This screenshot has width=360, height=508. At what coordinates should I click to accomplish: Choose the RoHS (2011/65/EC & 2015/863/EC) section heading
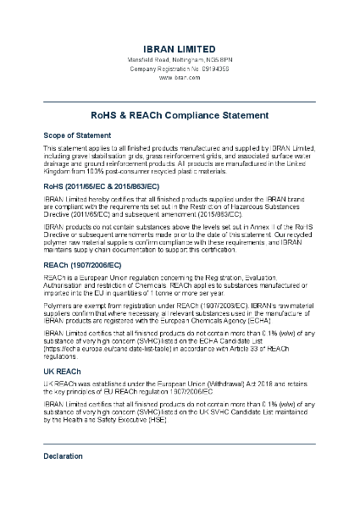click(101, 185)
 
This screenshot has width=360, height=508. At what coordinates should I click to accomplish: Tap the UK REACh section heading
click(63, 370)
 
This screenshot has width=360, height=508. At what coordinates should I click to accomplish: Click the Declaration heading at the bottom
click(64, 456)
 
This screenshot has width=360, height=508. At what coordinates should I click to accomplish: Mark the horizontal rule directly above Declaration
click(179, 443)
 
